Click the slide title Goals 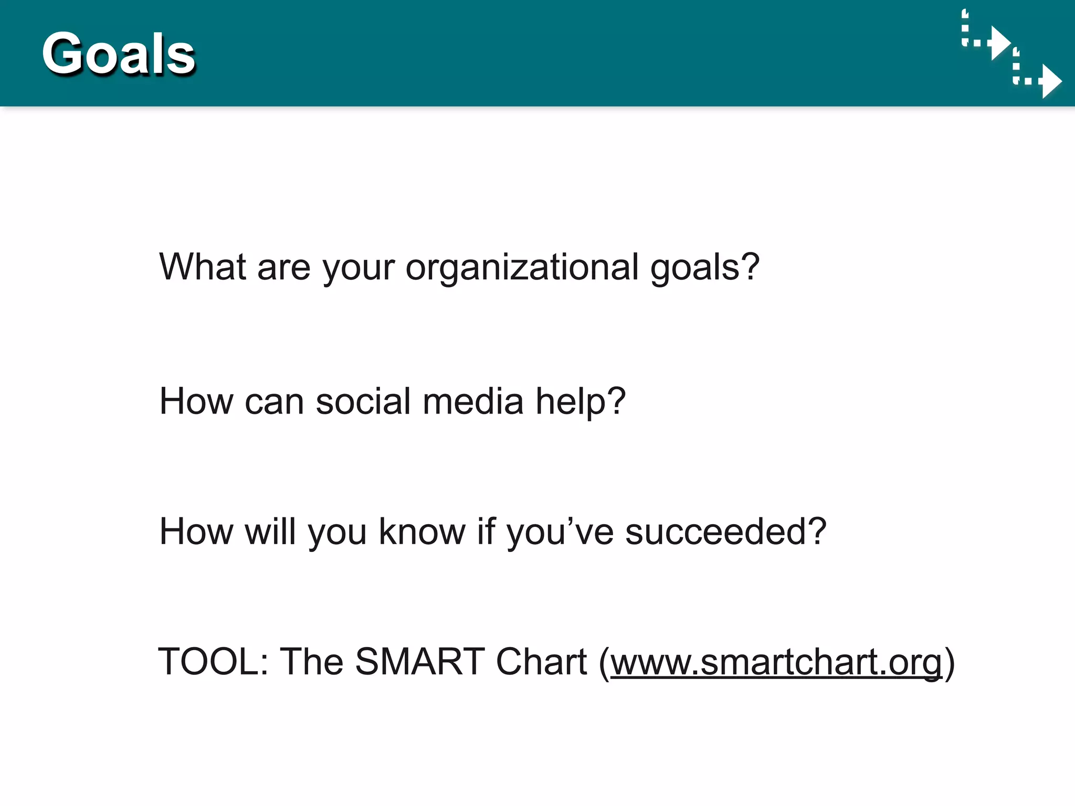pyautogui.click(x=119, y=54)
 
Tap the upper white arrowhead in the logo pyautogui.click(x=999, y=43)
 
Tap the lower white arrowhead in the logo pyautogui.click(x=1050, y=81)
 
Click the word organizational pyautogui.click(x=522, y=268)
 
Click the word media pyautogui.click(x=473, y=401)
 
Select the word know pyautogui.click(x=422, y=532)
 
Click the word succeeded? pyautogui.click(x=726, y=532)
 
